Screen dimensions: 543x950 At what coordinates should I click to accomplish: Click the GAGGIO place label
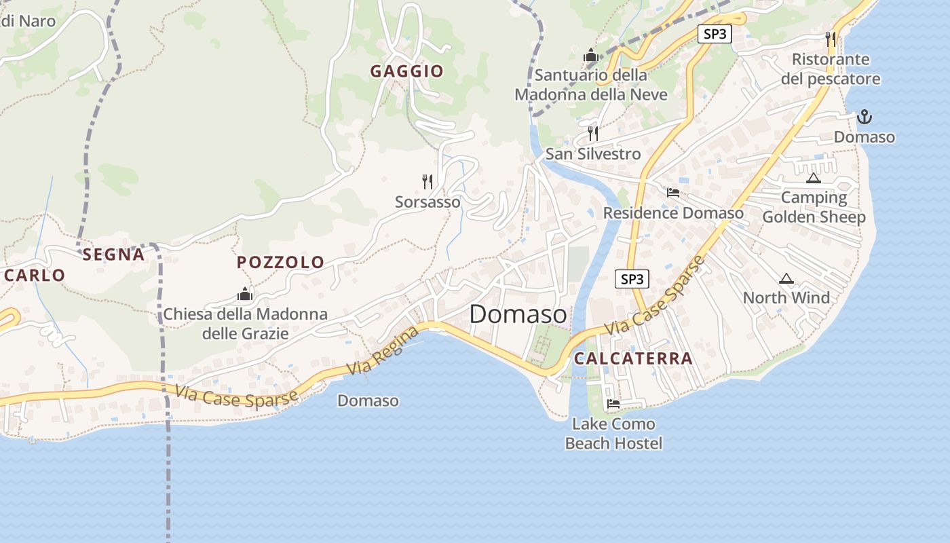click(x=406, y=71)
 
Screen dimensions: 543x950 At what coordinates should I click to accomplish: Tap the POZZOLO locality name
click(x=280, y=262)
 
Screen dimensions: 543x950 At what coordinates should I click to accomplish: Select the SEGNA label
click(x=113, y=255)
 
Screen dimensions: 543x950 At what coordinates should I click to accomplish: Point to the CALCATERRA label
click(x=633, y=358)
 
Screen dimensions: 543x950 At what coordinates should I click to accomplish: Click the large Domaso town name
click(x=518, y=314)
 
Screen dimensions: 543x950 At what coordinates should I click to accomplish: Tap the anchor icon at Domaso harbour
click(x=864, y=117)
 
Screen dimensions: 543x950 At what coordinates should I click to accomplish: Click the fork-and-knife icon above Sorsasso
click(x=427, y=181)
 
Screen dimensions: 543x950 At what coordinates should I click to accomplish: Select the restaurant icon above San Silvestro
click(x=593, y=133)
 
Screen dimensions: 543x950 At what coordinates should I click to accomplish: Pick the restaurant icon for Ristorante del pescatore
click(x=831, y=39)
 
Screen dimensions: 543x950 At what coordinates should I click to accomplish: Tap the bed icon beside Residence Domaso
click(x=673, y=193)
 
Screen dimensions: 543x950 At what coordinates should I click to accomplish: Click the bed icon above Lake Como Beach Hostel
click(x=613, y=404)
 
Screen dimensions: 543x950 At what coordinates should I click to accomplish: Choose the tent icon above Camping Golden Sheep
click(x=813, y=179)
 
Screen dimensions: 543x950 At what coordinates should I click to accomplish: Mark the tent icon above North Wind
click(x=786, y=278)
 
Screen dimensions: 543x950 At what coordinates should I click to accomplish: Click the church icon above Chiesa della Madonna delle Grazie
click(x=245, y=294)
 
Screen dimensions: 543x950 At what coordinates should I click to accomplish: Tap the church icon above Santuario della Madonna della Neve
click(x=590, y=54)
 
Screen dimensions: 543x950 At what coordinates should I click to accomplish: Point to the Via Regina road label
click(x=383, y=350)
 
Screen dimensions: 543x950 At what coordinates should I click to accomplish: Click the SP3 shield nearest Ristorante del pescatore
click(x=715, y=34)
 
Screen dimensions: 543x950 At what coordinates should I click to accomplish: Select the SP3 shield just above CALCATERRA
click(x=632, y=278)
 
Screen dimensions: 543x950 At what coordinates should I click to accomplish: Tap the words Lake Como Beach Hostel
click(x=613, y=434)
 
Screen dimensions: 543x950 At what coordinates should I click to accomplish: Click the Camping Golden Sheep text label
click(x=814, y=207)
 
